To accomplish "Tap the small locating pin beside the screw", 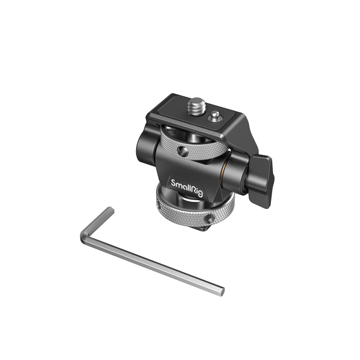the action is (x=215, y=116).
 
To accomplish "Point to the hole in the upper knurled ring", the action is (x=183, y=152).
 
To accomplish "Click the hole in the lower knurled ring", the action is (x=210, y=219).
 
